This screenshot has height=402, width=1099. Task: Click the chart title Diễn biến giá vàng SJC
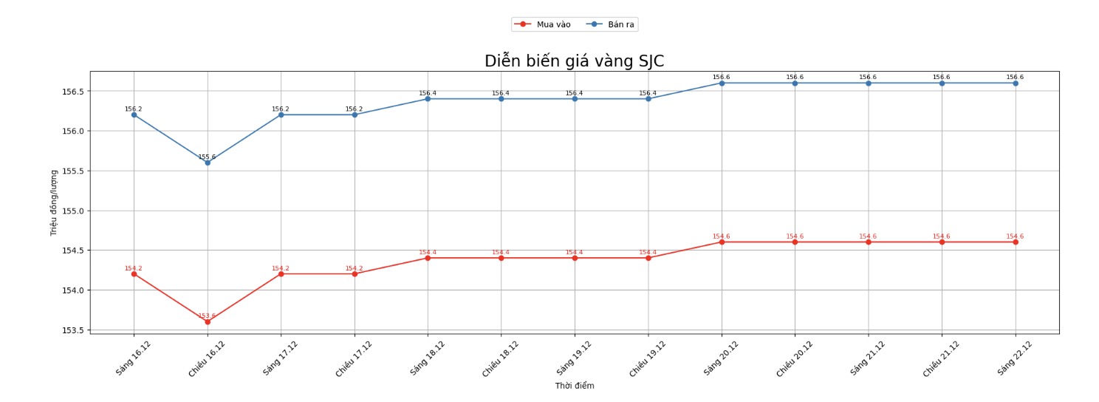coord(574,61)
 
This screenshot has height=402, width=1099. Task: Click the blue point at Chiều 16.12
coord(208,163)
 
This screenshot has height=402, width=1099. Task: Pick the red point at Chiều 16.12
coord(208,321)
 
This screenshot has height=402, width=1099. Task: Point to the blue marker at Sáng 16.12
coord(134,115)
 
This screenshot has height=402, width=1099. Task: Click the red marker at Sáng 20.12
coord(722,242)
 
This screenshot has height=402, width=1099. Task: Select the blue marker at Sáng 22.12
coord(1016,83)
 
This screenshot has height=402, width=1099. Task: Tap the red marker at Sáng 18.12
coord(428,258)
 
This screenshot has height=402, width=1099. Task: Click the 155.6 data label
coord(207,157)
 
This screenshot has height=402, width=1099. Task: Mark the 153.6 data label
coord(207,316)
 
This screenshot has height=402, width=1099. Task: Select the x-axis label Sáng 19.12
coord(573,358)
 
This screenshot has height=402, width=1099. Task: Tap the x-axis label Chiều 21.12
coord(940,359)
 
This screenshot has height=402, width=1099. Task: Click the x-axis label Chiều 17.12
coord(353,359)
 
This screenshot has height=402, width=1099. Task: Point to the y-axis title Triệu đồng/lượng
coord(54,202)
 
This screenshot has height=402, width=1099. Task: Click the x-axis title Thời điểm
coord(574,386)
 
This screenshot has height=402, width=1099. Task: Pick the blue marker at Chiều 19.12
coord(648,98)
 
